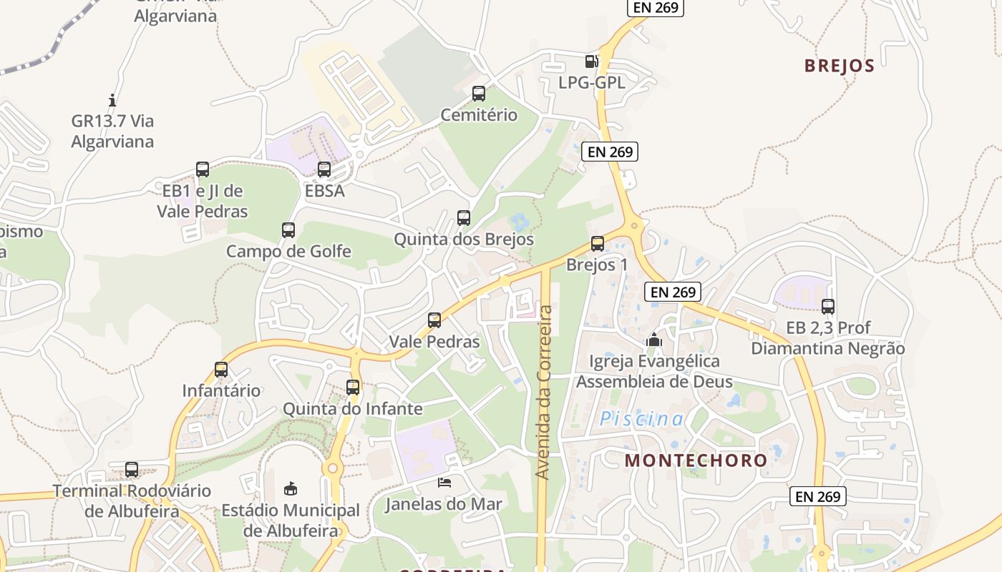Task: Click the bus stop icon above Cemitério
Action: click(x=479, y=94)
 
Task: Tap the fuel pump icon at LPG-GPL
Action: click(x=591, y=61)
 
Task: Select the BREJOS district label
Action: click(x=839, y=66)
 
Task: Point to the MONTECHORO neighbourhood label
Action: click(x=696, y=460)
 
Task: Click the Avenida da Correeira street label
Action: click(x=544, y=393)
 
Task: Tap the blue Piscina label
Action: click(x=641, y=419)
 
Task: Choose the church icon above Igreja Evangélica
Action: click(x=653, y=340)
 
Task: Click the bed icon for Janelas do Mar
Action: click(x=444, y=483)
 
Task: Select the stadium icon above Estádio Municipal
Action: click(x=291, y=489)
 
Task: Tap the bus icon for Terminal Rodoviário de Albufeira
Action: click(x=132, y=470)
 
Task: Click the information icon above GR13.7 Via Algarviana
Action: click(x=112, y=100)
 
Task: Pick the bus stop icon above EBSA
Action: click(x=324, y=169)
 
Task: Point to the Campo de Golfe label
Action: click(x=288, y=251)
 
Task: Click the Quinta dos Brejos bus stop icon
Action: click(x=464, y=218)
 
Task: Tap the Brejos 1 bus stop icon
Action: click(x=598, y=244)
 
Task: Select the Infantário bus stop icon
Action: click(x=221, y=370)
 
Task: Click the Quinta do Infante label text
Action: click(x=353, y=409)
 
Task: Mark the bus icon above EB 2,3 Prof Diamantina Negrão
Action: click(x=828, y=307)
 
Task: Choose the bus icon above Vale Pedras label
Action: click(x=434, y=320)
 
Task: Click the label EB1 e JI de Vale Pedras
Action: click(x=203, y=201)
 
